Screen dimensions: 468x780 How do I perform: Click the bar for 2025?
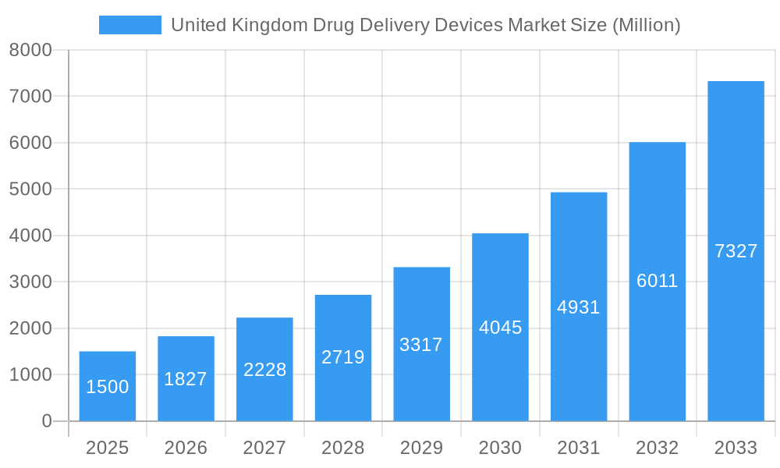[x=108, y=386]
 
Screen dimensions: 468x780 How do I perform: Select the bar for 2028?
[x=343, y=358]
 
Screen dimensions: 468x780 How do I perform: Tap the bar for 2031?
[x=579, y=307]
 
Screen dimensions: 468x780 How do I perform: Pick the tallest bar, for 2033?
[x=736, y=251]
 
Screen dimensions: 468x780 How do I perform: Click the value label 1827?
[x=186, y=379]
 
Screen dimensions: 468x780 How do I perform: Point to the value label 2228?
[x=264, y=370]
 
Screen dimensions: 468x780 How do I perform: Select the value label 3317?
[x=421, y=345]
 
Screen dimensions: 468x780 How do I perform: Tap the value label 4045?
[x=500, y=328]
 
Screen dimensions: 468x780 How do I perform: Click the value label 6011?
[x=657, y=282]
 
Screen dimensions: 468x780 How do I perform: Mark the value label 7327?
[x=736, y=251]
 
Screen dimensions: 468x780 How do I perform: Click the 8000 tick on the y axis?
[x=30, y=51]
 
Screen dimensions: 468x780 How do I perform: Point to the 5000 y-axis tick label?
[x=30, y=190]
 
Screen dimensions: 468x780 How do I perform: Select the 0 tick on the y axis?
[x=46, y=421]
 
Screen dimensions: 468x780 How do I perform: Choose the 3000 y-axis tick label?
[x=30, y=282]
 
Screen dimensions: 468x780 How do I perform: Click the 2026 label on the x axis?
[x=186, y=448]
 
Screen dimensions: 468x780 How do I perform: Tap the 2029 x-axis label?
[x=421, y=448]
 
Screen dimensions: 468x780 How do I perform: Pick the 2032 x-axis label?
[x=657, y=448]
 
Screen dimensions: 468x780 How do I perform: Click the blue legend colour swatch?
[x=130, y=25]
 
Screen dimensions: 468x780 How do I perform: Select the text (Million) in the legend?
[x=646, y=25]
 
